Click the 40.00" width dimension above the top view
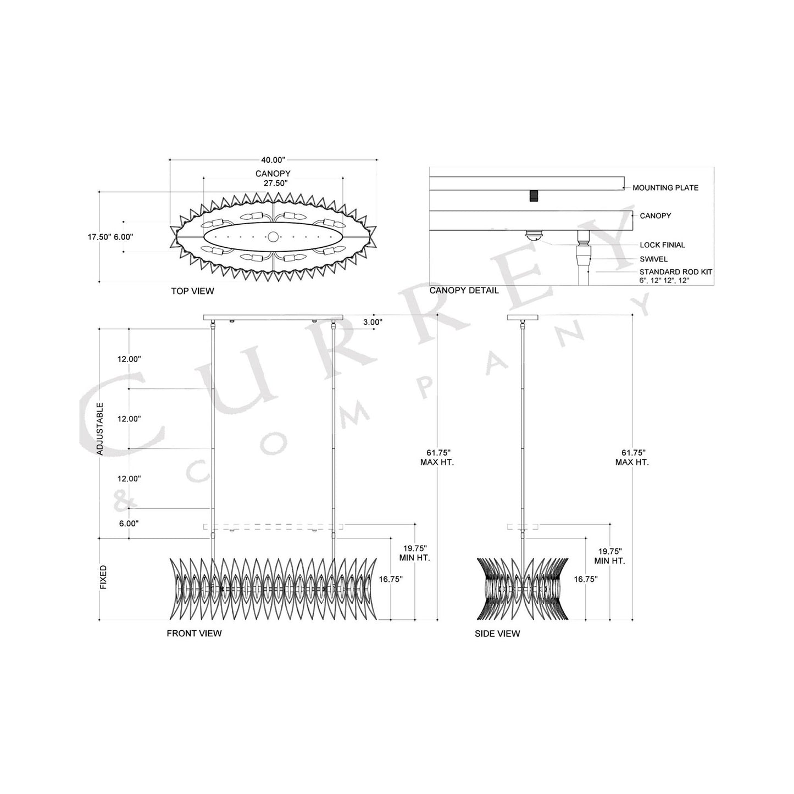(273, 160)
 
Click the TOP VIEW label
(192, 291)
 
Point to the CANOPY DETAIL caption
(464, 290)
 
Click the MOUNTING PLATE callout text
(665, 188)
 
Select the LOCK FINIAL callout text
(662, 245)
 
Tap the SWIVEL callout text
(653, 259)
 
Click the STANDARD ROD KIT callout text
(675, 272)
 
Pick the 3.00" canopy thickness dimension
(373, 322)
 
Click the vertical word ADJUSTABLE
(100, 429)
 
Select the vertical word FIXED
(103, 578)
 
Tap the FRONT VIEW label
(194, 634)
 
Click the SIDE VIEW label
(497, 634)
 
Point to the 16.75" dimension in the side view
(586, 579)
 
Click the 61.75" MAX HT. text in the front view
(437, 457)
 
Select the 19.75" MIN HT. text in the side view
(609, 556)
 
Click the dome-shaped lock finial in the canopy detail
(533, 236)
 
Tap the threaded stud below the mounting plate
(532, 196)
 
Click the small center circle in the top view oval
(273, 237)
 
